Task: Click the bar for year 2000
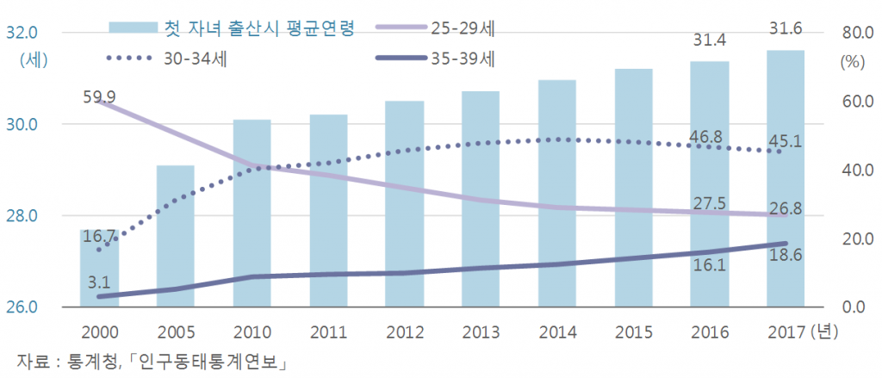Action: tap(98, 268)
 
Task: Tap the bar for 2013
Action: tap(479, 199)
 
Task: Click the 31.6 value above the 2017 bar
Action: tap(786, 29)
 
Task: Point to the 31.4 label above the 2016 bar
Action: tap(709, 40)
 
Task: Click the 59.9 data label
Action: tap(100, 96)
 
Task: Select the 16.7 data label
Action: tap(100, 235)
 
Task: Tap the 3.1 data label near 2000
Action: tap(100, 281)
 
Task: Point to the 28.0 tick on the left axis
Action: tap(21, 216)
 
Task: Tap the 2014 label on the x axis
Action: tap(556, 332)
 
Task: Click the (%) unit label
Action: tap(851, 62)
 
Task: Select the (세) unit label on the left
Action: tap(32, 60)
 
